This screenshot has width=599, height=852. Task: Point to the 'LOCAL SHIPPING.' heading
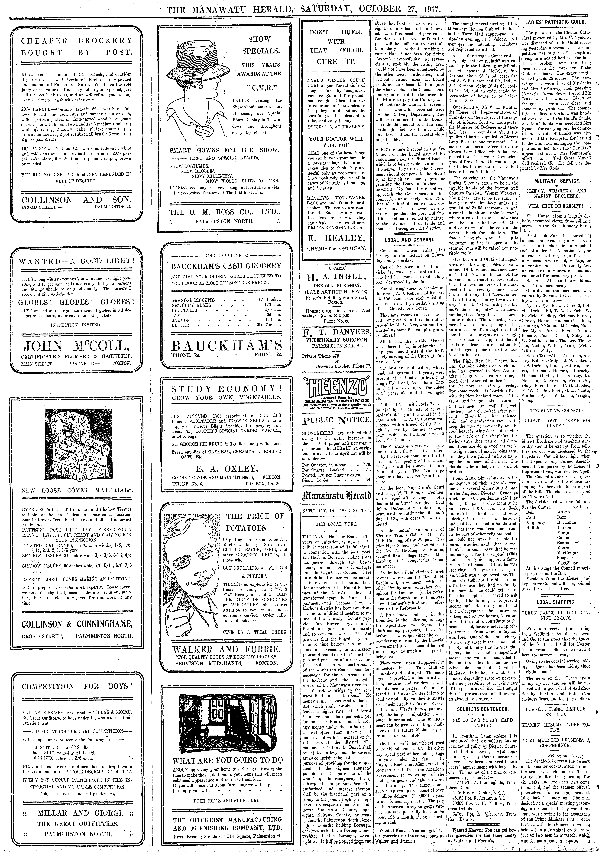tap(556, 602)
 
